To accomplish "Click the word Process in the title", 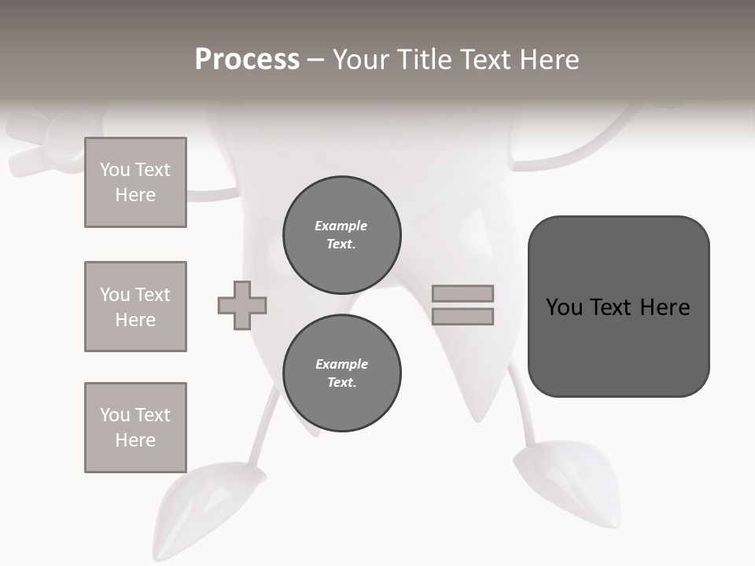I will point(247,60).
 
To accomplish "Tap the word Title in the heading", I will point(423,60).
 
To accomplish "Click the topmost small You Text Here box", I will point(135,182).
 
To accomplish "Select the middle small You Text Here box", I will point(135,307).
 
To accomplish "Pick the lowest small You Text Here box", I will point(135,428).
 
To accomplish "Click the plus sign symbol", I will point(242,305).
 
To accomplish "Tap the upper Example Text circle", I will point(341,235).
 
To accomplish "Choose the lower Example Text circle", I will point(341,373).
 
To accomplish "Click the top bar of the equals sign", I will point(462,293).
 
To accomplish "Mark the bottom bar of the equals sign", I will point(462,317).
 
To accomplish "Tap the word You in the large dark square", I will point(565,307).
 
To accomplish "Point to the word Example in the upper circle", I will point(341,226).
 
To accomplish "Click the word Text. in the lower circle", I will point(341,383).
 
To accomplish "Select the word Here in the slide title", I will point(546,60).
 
